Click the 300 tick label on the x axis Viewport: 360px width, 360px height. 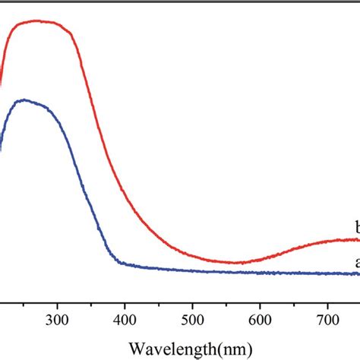click(x=57, y=321)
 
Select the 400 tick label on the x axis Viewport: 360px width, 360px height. click(x=125, y=321)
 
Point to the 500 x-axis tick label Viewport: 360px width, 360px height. click(x=192, y=321)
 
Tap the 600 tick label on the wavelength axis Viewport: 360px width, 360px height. click(x=260, y=321)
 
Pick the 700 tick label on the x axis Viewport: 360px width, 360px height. click(x=327, y=321)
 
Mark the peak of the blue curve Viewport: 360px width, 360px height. click(x=26, y=100)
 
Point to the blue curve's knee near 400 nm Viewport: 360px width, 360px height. click(x=120, y=263)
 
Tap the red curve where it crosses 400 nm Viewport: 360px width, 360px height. click(x=125, y=199)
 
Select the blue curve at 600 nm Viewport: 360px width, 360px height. click(x=260, y=272)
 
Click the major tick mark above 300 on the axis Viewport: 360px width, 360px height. click(x=57, y=302)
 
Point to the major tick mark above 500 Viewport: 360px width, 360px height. click(x=192, y=302)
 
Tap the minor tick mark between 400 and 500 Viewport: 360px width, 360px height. click(x=159, y=304)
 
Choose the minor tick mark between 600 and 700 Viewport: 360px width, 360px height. click(x=294, y=304)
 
